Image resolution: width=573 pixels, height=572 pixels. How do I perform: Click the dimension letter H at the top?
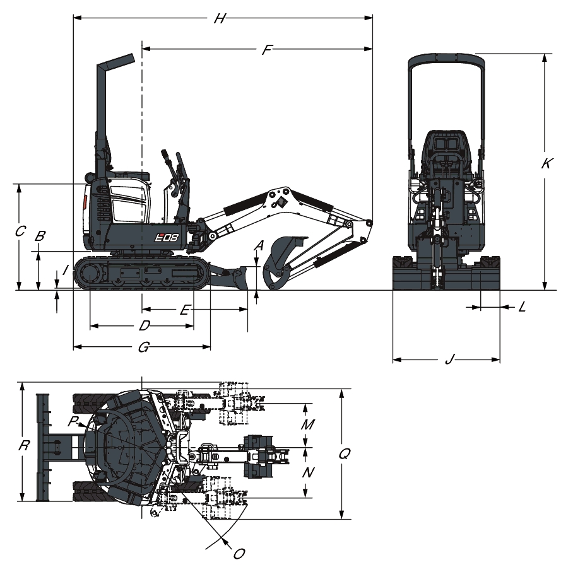point(220,18)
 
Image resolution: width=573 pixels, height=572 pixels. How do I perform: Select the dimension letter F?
point(268,49)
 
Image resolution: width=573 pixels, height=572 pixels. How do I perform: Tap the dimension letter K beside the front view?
point(546,163)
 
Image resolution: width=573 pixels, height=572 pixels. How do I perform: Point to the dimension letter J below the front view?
point(450,359)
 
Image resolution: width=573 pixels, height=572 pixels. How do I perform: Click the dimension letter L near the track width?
point(523,307)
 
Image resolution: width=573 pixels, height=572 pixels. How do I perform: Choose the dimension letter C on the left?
point(20,231)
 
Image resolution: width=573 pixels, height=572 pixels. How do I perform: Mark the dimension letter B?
point(40,236)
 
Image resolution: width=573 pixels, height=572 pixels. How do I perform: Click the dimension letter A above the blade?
point(259,245)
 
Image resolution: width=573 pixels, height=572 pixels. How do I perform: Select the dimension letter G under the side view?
point(144,347)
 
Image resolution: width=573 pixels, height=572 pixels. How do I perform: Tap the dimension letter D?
point(145,325)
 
